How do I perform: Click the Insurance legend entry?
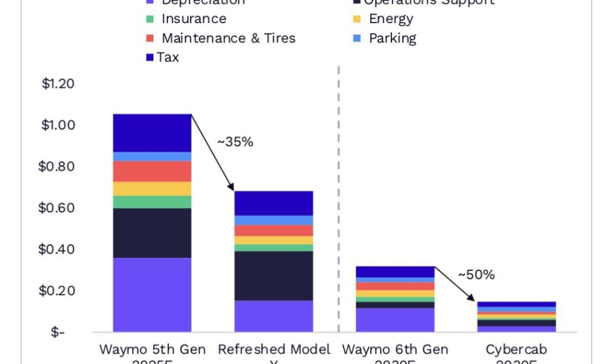(193, 19)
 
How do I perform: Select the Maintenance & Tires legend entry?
(228, 38)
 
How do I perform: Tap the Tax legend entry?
(167, 58)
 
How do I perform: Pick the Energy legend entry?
(391, 19)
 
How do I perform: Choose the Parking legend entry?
(392, 38)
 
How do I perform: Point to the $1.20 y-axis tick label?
(58, 84)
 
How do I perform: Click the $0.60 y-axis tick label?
(58, 208)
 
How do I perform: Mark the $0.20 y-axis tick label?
(58, 291)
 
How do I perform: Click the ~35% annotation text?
(235, 142)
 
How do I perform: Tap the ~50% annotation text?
(476, 274)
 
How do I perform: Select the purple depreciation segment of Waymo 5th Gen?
(152, 294)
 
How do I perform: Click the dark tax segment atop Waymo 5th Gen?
(152, 133)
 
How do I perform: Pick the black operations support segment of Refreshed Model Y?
(274, 275)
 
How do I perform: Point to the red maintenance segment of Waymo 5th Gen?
(152, 171)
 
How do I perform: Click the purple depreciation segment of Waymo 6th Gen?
(395, 319)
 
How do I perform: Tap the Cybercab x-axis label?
(516, 350)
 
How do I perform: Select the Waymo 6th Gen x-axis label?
(395, 350)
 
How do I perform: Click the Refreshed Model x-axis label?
(274, 350)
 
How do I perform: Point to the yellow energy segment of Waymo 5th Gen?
(152, 189)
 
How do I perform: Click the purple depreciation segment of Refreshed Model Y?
(274, 315)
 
